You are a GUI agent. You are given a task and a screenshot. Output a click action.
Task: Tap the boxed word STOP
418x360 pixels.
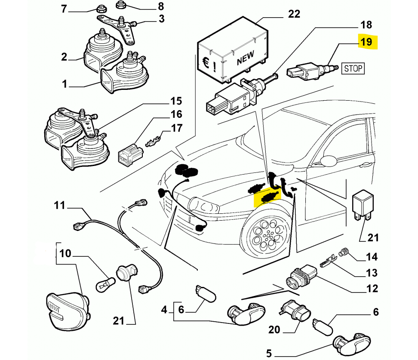click(x=353, y=68)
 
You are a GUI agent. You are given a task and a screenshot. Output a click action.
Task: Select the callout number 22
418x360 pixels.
click(x=294, y=14)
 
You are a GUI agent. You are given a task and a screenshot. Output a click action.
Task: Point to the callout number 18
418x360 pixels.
click(x=366, y=25)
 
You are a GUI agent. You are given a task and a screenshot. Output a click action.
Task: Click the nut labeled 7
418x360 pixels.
click(x=103, y=8)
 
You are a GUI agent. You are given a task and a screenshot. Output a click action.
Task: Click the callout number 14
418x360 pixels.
click(x=372, y=257)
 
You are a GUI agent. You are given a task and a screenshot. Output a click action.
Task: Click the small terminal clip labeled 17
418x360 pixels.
click(x=152, y=142)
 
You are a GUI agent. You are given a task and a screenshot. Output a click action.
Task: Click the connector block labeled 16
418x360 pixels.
click(x=129, y=154)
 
